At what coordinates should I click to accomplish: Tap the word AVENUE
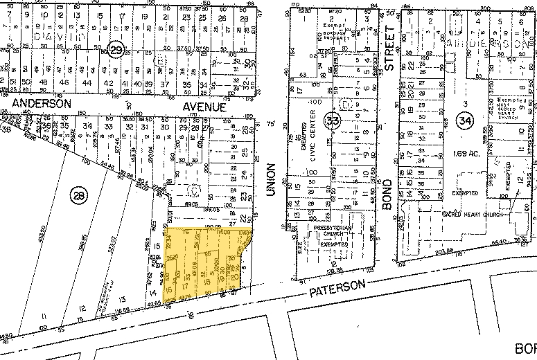click(x=204, y=108)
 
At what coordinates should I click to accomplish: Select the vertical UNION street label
click(x=271, y=181)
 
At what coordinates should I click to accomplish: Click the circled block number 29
click(x=116, y=51)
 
